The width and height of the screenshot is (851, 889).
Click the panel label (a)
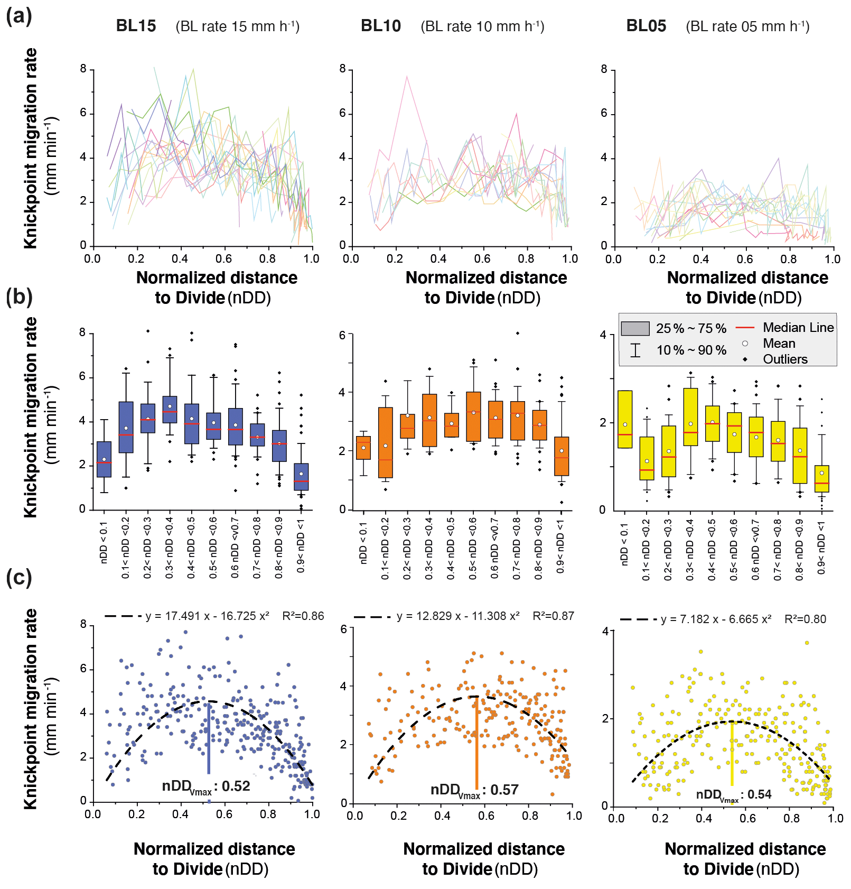click(x=18, y=16)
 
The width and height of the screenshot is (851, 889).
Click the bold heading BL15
click(x=136, y=26)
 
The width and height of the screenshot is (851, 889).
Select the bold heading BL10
click(x=380, y=26)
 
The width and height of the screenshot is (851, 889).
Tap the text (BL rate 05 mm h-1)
click(x=747, y=26)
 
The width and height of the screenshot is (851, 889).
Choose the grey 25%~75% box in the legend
click(x=635, y=328)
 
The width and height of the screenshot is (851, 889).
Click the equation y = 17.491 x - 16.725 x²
click(x=207, y=616)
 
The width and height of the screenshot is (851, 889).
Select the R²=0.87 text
click(x=553, y=616)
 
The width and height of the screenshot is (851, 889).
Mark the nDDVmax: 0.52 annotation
click(x=206, y=786)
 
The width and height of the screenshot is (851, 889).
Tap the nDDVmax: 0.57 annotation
click(x=474, y=790)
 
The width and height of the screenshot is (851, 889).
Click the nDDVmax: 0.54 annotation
click(x=734, y=795)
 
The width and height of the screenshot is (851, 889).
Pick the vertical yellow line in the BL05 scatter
click(x=732, y=753)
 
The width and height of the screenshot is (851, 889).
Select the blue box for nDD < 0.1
click(x=104, y=459)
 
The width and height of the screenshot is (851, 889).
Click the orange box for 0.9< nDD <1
click(x=562, y=456)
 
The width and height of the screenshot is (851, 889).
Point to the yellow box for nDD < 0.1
click(x=625, y=419)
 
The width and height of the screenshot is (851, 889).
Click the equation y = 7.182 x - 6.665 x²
click(x=716, y=619)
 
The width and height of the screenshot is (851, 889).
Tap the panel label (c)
click(x=18, y=577)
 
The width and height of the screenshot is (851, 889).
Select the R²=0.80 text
click(x=805, y=619)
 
